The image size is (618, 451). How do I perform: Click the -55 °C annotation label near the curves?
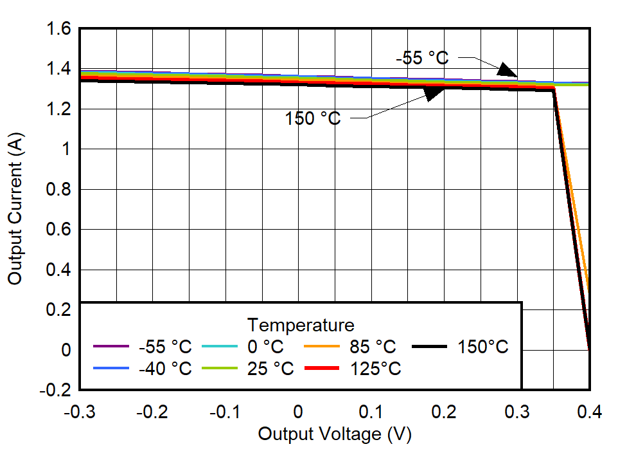[422, 58]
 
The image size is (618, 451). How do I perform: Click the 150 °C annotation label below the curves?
[313, 118]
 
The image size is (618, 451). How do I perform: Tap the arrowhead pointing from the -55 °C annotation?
[508, 70]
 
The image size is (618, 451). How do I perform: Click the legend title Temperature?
[301, 324]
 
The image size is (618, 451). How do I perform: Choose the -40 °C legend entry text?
[165, 369]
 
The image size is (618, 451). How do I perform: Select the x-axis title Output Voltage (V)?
[334, 434]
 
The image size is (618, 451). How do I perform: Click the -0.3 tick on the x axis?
[80, 412]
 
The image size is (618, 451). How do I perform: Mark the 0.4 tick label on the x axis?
[589, 412]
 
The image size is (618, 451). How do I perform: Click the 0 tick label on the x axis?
[298, 412]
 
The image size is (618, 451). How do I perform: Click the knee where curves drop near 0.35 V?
[554, 89]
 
